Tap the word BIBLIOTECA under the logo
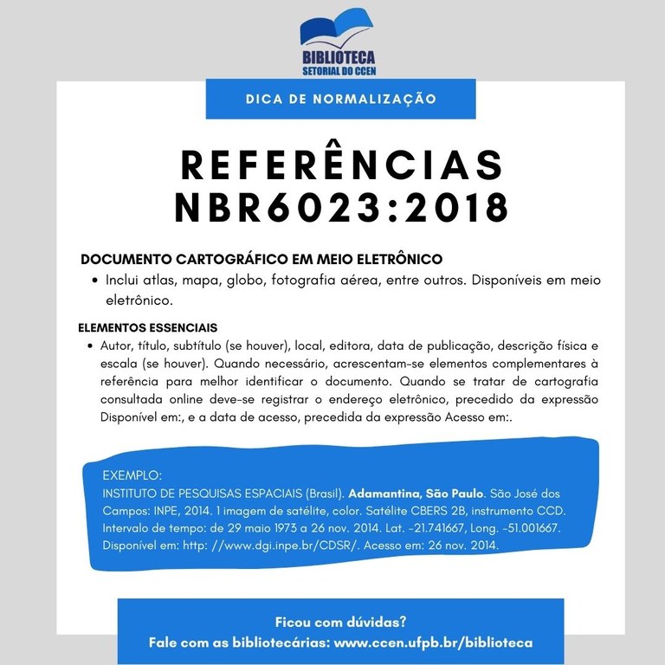point(339,57)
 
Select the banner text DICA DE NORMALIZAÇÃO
point(340,99)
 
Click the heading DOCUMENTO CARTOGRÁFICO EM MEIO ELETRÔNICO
point(261,259)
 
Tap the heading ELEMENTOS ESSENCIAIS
point(147,328)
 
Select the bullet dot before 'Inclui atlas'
point(93,281)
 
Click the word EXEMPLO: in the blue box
point(132,475)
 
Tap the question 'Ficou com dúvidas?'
point(340,622)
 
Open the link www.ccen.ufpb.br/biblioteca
point(433,642)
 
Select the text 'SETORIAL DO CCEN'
point(339,71)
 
